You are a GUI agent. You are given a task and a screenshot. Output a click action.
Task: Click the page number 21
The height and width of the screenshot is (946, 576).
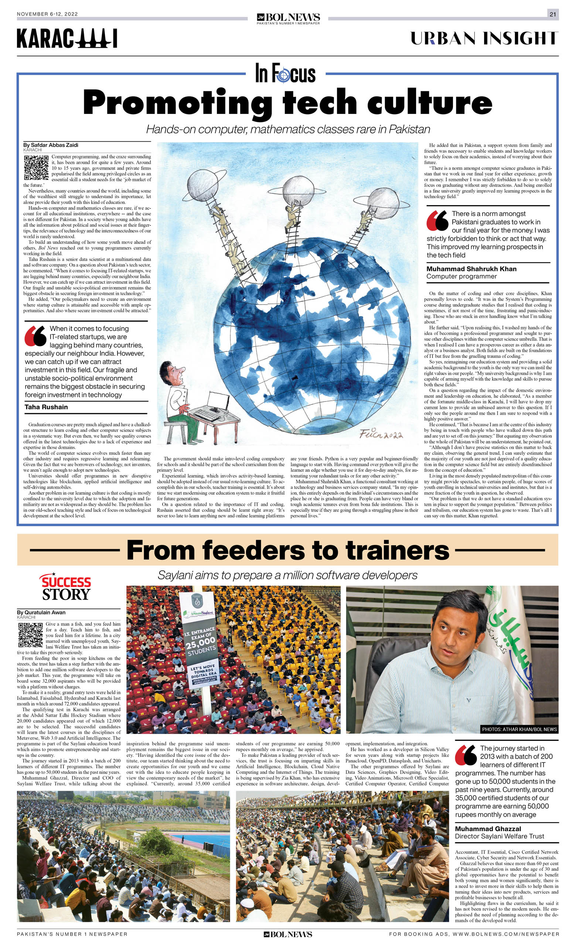point(553,14)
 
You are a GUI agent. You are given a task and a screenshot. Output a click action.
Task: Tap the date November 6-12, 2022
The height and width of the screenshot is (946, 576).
point(47,14)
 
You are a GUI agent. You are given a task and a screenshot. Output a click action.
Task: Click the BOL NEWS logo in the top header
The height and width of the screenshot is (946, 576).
point(288,18)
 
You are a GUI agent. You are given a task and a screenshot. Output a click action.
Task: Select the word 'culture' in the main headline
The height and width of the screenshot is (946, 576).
point(429,102)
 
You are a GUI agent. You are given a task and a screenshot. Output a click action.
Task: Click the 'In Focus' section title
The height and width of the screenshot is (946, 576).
point(286,73)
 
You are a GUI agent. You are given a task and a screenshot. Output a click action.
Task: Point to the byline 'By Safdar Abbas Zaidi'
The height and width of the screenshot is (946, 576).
point(51,145)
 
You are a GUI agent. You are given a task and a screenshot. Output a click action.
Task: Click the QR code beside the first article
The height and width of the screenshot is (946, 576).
point(36,168)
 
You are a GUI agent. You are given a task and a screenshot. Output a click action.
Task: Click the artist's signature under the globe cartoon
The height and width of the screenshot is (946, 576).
point(381,434)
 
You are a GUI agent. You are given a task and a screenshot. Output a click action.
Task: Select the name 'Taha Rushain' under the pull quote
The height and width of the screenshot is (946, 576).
point(46,407)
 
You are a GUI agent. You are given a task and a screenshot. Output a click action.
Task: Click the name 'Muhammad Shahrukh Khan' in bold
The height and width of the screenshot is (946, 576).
point(471,269)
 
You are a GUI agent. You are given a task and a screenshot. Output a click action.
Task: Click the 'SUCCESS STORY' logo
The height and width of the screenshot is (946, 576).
point(66,587)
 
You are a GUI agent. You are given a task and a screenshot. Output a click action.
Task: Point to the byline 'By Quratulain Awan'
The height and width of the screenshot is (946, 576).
point(41,612)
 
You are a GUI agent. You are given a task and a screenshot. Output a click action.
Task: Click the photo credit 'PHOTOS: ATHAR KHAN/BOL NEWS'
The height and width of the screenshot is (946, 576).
point(519,729)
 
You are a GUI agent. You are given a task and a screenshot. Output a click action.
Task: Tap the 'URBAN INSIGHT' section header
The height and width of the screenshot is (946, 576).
point(484,38)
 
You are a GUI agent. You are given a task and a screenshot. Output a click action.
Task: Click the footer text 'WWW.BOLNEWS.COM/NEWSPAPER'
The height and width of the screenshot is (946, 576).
point(506,934)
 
